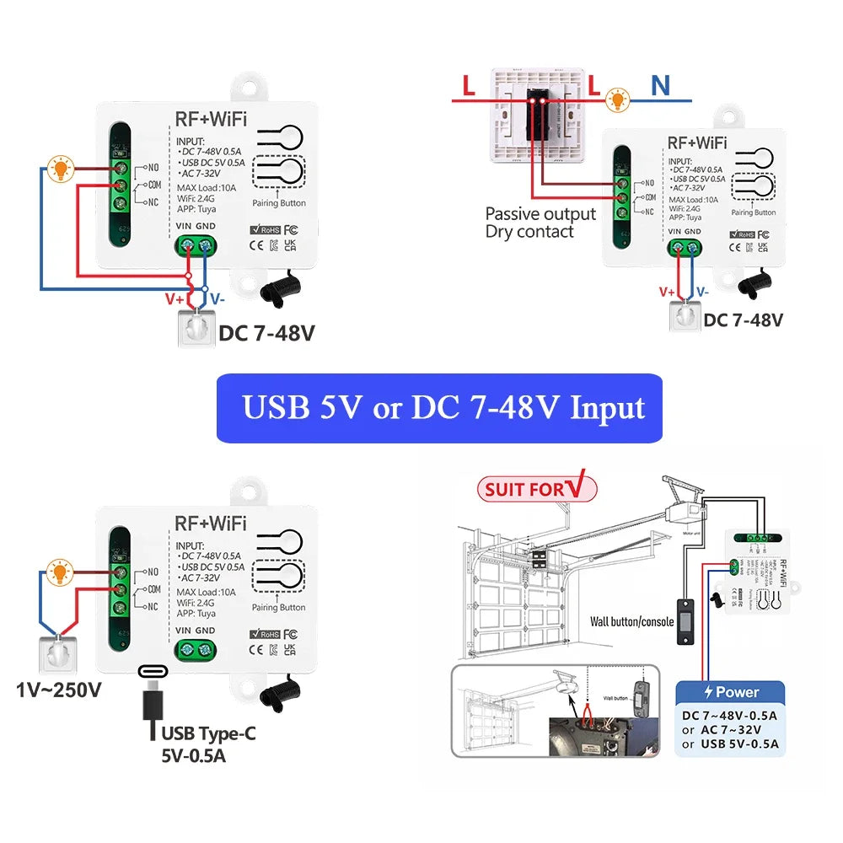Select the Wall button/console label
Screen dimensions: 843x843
631,622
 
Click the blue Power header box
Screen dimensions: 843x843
730,692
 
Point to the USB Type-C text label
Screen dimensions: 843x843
208,733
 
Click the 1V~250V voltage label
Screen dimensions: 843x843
59,690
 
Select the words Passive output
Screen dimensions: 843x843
540,214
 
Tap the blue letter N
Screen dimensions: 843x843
660,85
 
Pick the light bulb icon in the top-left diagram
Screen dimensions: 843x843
60,168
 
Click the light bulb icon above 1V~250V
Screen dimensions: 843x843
59,573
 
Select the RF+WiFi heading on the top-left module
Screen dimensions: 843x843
210,119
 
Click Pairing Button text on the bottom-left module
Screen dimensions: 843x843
279,607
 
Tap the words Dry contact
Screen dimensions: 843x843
529,232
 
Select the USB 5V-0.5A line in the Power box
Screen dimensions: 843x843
730,744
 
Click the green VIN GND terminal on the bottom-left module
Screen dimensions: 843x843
195,650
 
